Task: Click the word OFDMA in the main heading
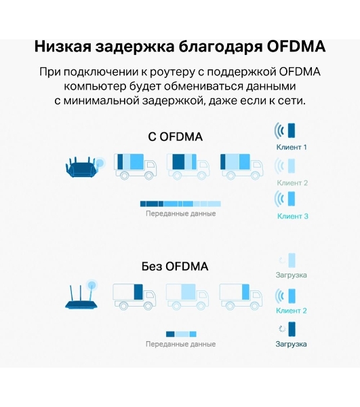[296, 47]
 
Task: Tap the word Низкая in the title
[63, 47]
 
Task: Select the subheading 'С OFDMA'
[175, 137]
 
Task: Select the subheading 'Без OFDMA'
[175, 267]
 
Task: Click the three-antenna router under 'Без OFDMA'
[81, 296]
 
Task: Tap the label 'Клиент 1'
[292, 147]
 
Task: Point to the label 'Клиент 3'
[293, 216]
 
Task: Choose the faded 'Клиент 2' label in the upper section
[292, 183]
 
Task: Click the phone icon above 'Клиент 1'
[292, 130]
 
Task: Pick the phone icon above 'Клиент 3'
[292, 199]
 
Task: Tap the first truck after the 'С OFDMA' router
[136, 166]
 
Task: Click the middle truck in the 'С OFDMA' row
[188, 166]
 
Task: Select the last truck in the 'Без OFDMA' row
[241, 296]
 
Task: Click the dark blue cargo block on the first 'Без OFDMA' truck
[138, 292]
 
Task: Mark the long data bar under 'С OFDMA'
[180, 203]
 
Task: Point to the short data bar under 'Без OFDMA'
[181, 334]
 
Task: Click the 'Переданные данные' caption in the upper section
[181, 214]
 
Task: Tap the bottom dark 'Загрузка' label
[291, 344]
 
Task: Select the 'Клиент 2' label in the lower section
[292, 311]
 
